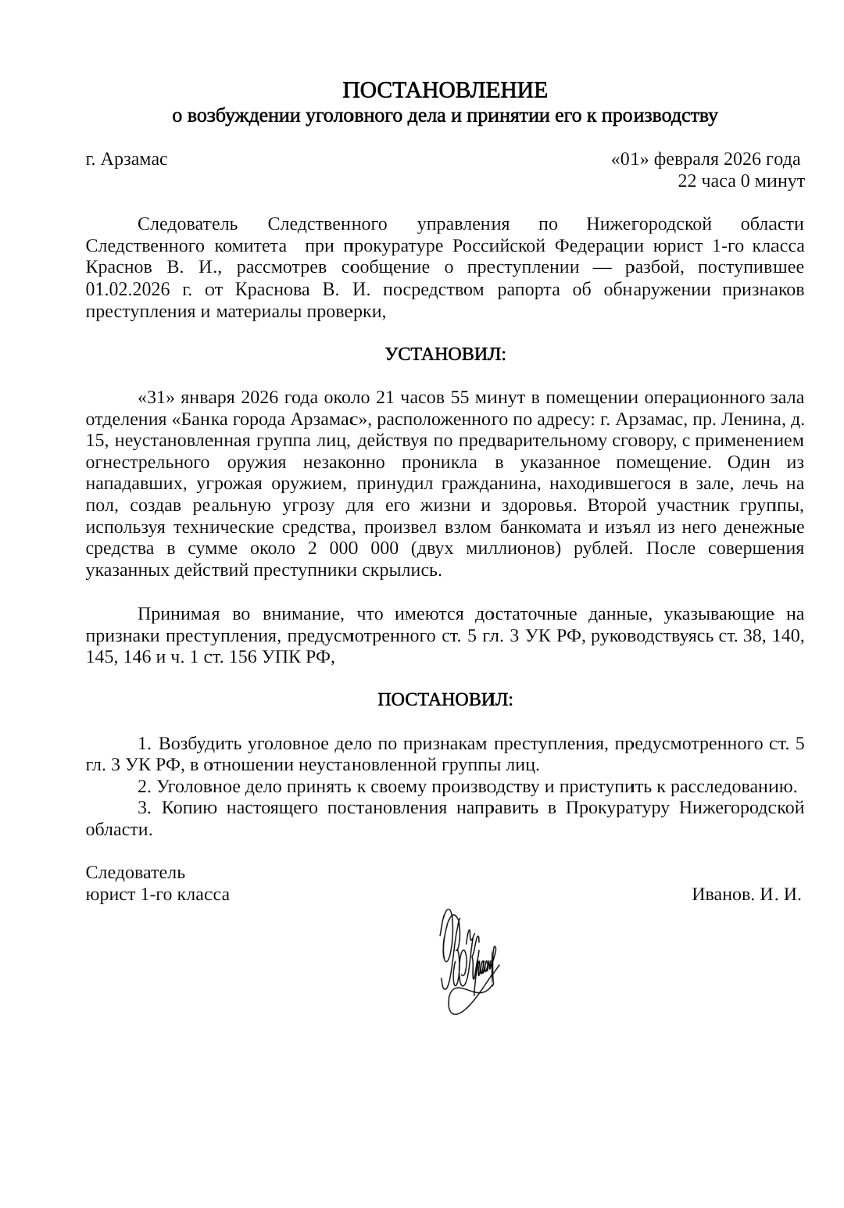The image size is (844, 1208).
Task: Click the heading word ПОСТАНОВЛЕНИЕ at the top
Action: coord(445,90)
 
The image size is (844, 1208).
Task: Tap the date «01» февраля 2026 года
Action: coord(705,160)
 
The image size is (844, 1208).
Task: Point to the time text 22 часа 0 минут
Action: coord(741,181)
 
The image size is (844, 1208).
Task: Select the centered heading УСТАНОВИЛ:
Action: coord(445,355)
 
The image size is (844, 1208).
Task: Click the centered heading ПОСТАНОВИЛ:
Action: coord(445,699)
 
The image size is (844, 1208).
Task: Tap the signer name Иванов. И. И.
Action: coord(747,895)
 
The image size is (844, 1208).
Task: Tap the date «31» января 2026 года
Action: coord(227,398)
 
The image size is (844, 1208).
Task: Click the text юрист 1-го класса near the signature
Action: coord(157,895)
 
